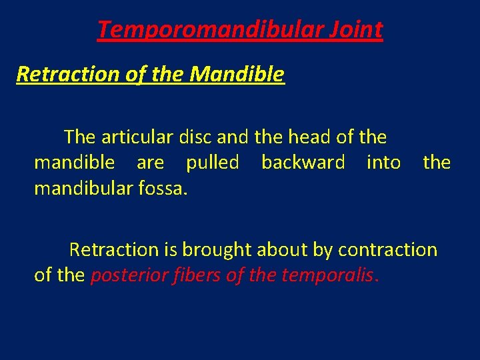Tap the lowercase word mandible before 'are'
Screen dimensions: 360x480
tap(74, 163)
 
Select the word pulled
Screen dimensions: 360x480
tap(212, 163)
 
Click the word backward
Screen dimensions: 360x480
tap(303, 163)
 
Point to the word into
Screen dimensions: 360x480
tap(383, 163)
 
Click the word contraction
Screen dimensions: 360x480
tap(387, 250)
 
